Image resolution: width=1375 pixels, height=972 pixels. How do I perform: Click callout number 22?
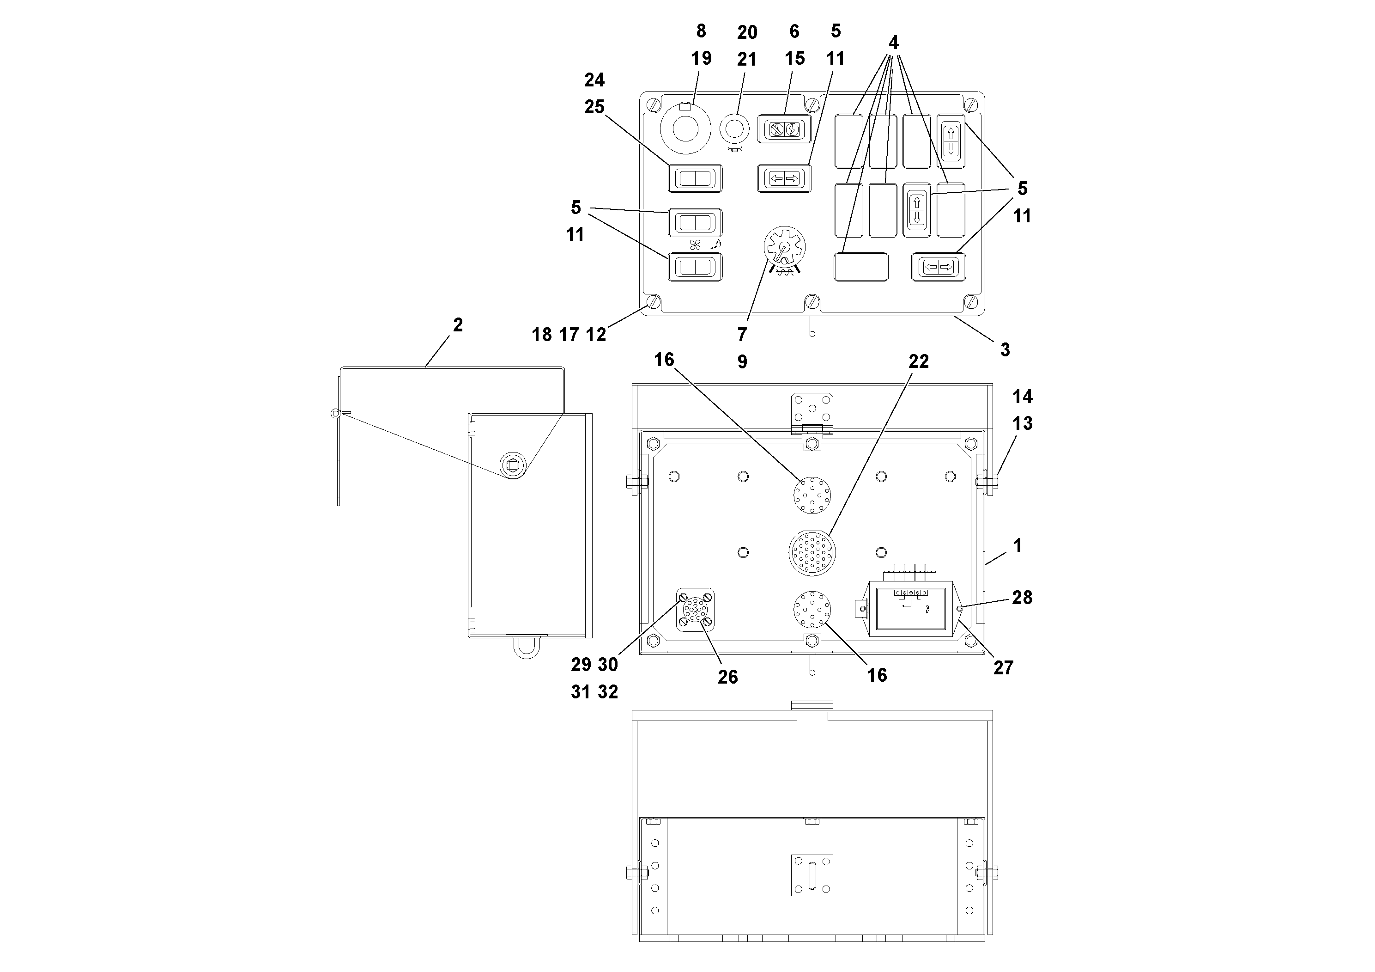coord(918,361)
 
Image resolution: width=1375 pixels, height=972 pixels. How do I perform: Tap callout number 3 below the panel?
coord(1005,350)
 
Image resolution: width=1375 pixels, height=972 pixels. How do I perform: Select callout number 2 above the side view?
coord(458,325)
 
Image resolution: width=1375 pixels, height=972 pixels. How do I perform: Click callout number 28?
coord(1022,598)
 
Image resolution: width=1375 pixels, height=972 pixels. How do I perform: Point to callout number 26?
coord(727,677)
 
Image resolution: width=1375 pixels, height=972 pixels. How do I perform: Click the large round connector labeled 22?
coord(812,552)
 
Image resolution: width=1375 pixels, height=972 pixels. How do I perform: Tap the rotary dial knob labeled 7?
coord(784,246)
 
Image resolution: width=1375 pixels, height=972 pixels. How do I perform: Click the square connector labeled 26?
coord(695,610)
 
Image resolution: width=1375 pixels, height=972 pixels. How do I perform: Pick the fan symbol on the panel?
coord(695,245)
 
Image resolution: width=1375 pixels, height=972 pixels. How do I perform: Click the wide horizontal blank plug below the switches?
coord(861,267)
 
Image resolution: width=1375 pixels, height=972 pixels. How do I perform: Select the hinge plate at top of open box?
coord(812,414)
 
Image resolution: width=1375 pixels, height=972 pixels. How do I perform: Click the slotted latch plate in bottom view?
coord(812,875)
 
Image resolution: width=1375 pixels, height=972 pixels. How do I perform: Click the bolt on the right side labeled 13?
coord(987,481)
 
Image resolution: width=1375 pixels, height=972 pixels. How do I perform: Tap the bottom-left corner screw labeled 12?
coord(654,301)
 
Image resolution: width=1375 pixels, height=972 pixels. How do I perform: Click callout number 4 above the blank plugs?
coord(893,43)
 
